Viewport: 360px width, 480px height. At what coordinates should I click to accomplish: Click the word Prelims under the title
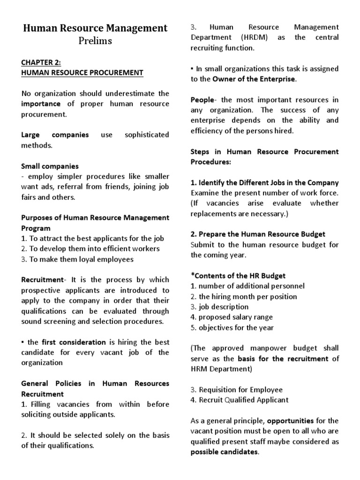[x=96, y=41]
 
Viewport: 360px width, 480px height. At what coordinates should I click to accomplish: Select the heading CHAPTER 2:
[x=41, y=63]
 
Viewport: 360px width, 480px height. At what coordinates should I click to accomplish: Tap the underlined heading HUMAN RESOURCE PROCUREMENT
[x=82, y=73]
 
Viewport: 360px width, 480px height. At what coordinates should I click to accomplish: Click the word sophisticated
[x=147, y=135]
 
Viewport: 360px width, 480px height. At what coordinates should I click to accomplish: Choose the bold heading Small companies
[x=50, y=166]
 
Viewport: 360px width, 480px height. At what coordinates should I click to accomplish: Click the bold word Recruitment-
[x=42, y=280]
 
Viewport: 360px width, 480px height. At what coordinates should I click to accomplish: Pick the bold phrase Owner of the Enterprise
[x=254, y=79]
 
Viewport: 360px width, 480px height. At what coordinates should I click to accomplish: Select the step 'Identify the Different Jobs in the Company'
[x=264, y=183]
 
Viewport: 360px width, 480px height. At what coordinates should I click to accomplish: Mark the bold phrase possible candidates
[x=224, y=451]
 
